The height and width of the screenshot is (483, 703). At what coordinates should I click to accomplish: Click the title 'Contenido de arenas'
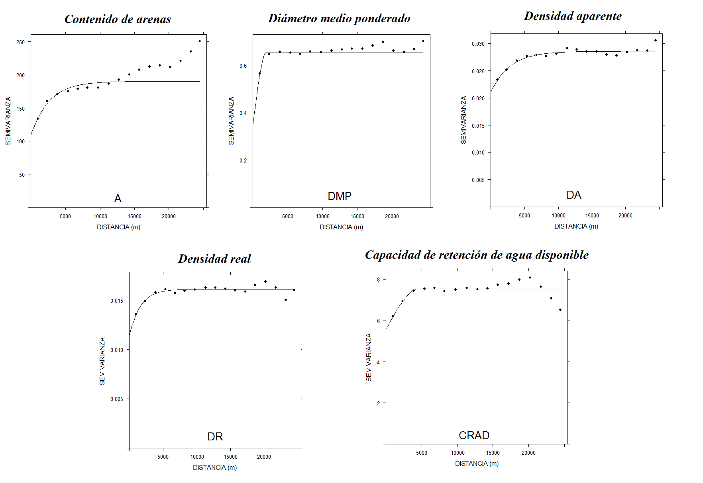point(118,19)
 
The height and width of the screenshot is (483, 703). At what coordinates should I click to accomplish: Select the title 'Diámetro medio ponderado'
point(339,18)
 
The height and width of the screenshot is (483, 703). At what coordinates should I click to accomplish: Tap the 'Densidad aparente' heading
point(573,16)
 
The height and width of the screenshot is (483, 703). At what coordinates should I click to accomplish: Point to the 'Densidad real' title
point(214,259)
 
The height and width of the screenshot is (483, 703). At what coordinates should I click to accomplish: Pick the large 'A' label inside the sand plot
point(118,198)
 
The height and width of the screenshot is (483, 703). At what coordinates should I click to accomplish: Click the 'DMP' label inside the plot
point(340,196)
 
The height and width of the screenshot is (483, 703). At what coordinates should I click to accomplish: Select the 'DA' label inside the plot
point(574,195)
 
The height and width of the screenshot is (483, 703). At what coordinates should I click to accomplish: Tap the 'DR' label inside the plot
point(215,436)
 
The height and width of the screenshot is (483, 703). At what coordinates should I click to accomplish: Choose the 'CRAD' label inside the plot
point(474,435)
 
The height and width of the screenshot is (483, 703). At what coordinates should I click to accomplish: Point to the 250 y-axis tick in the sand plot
point(20,42)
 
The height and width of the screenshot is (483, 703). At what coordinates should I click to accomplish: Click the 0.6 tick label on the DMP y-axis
point(243,66)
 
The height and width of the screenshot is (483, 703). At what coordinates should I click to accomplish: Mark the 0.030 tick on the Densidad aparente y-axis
point(478,44)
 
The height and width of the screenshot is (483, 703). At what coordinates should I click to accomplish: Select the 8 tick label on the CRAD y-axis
point(379,280)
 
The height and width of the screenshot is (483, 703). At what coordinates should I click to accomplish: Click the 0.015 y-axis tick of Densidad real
point(117,301)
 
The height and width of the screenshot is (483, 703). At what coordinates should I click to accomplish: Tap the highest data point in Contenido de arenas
point(200,41)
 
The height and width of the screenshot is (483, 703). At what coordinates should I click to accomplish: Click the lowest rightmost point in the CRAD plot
point(560,310)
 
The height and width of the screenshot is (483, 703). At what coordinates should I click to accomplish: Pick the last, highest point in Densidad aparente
point(656,40)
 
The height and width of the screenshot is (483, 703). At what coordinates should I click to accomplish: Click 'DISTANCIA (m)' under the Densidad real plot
point(215,467)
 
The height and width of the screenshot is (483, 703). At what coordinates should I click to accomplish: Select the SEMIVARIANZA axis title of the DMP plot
point(231,121)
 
